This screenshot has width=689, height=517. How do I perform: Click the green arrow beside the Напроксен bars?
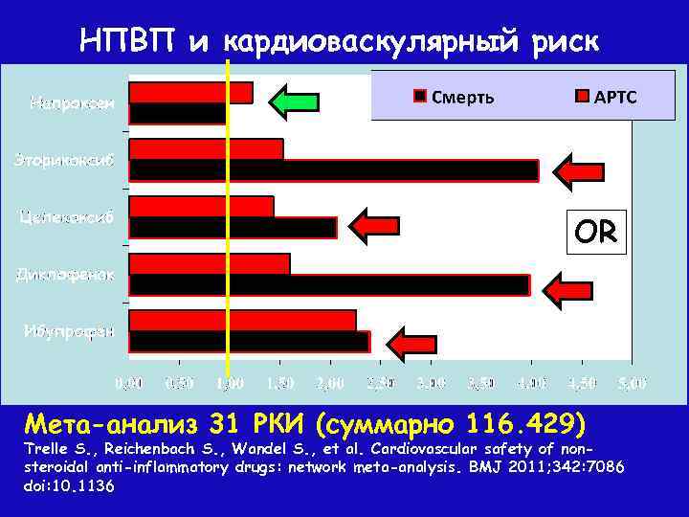tap(293, 101)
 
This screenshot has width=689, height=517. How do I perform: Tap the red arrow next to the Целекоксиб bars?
tap(375, 227)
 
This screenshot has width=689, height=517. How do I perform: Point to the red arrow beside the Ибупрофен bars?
tap(412, 342)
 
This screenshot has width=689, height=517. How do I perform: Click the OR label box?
tap(595, 232)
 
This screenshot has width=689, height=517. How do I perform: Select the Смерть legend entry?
tap(456, 96)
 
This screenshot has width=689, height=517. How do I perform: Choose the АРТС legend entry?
tap(607, 96)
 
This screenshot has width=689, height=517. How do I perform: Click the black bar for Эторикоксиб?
tap(333, 170)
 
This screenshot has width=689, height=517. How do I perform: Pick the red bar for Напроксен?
tap(190, 92)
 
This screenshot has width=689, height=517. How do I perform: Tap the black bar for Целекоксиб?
tap(233, 228)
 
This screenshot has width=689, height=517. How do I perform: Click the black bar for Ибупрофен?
tap(249, 342)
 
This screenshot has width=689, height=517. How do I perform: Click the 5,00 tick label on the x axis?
tap(632, 384)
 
